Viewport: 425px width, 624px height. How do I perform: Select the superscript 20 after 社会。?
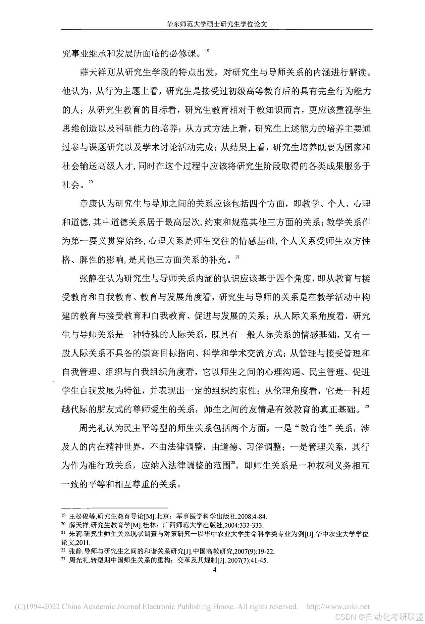tap(91, 182)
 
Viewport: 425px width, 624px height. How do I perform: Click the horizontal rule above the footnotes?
tap(114, 508)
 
